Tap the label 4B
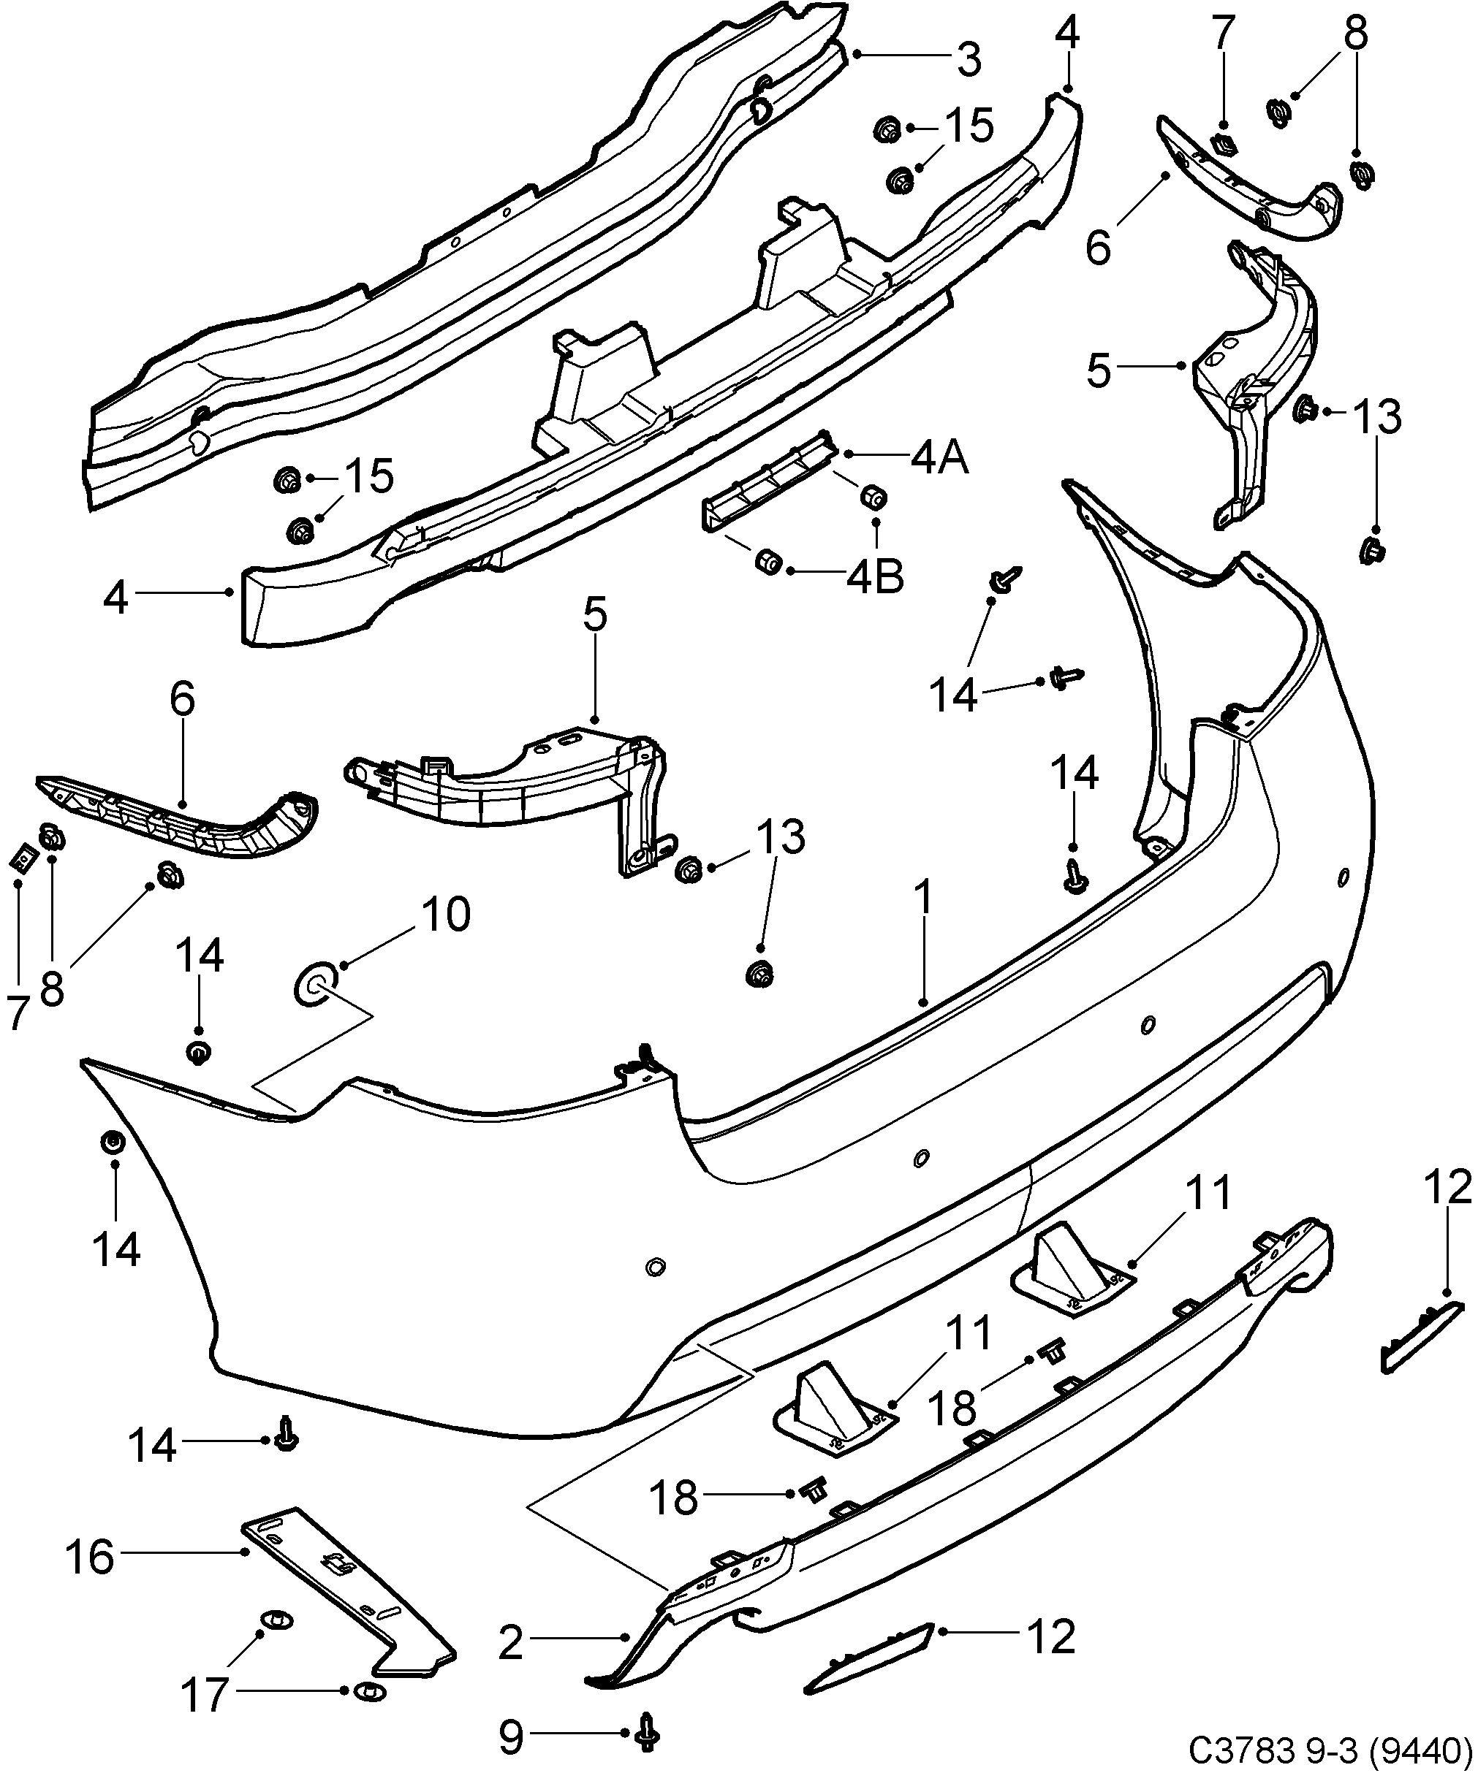[876, 578]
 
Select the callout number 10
[446, 915]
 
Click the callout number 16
[89, 1557]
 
